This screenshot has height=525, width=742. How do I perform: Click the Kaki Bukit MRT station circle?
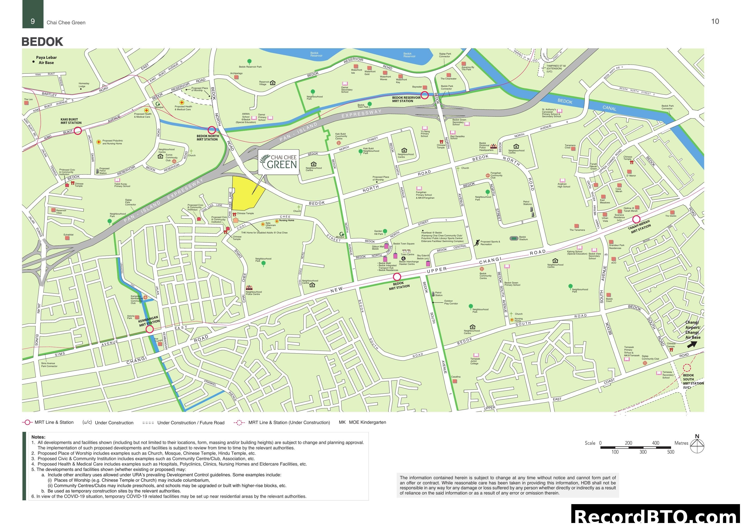click(x=78, y=131)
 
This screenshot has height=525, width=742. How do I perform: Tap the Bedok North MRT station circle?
click(x=212, y=130)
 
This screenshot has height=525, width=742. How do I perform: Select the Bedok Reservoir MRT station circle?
click(x=425, y=95)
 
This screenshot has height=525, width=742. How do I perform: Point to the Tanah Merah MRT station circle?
click(x=636, y=219)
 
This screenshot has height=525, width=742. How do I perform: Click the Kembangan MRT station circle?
click(x=149, y=329)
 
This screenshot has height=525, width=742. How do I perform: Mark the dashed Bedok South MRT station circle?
click(x=687, y=368)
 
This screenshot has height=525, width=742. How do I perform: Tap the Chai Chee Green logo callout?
click(x=279, y=162)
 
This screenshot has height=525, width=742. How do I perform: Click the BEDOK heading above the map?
click(x=42, y=42)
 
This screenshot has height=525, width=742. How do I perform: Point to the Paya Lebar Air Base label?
click(x=46, y=60)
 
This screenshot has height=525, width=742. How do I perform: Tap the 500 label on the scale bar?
click(x=671, y=452)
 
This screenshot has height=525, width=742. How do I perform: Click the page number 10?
click(x=715, y=21)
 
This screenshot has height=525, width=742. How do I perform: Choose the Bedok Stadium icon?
click(x=514, y=238)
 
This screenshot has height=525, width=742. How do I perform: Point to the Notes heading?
click(x=38, y=437)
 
